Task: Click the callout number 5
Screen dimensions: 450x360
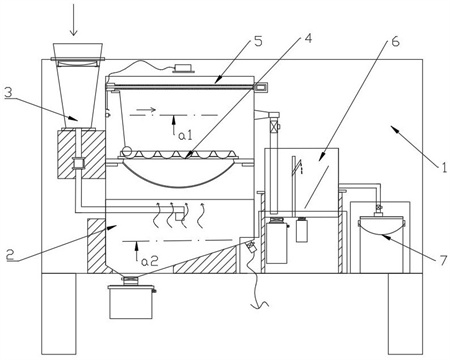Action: click(x=257, y=42)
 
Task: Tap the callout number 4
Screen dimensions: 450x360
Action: click(x=308, y=38)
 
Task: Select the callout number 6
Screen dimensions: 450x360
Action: click(x=395, y=42)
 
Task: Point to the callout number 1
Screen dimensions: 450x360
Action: click(x=444, y=167)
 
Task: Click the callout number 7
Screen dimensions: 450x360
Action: click(x=443, y=259)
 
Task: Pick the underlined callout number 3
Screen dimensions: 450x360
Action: click(x=8, y=92)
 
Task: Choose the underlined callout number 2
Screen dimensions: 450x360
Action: click(x=11, y=255)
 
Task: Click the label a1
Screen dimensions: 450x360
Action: click(x=185, y=135)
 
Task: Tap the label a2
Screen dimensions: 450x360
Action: click(x=149, y=261)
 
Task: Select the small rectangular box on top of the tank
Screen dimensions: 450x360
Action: click(x=183, y=68)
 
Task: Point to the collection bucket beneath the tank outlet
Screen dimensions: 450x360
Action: click(x=132, y=301)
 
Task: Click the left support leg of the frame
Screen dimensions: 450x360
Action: click(x=59, y=314)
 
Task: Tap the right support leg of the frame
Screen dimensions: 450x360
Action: click(x=405, y=314)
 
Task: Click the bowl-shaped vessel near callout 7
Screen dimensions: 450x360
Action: click(x=382, y=226)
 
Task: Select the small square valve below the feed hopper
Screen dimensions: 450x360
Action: click(x=78, y=163)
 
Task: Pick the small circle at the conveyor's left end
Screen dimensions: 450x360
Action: click(x=126, y=152)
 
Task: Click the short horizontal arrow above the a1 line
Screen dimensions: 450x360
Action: click(x=149, y=109)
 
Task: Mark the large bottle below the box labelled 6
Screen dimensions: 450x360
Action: click(x=277, y=243)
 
